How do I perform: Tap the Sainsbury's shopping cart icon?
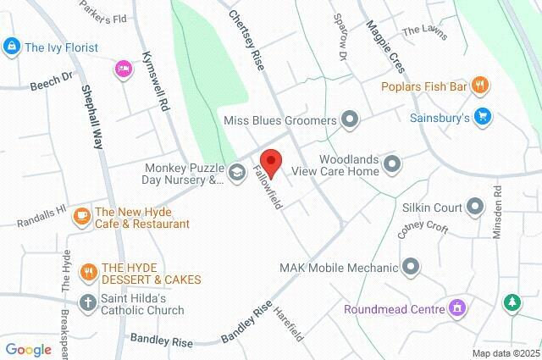(482, 117)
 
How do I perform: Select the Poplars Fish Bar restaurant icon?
(480, 84)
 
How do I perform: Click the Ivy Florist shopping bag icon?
(11, 47)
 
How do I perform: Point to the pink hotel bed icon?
(124, 68)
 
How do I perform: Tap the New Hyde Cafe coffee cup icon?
(82, 217)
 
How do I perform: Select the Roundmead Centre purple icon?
(457, 308)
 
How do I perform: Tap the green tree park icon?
(512, 302)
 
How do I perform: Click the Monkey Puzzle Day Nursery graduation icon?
(237, 173)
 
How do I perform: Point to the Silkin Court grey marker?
(474, 207)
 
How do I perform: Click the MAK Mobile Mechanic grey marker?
(412, 269)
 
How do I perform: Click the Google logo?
(28, 350)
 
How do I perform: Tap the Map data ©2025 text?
(505, 353)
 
